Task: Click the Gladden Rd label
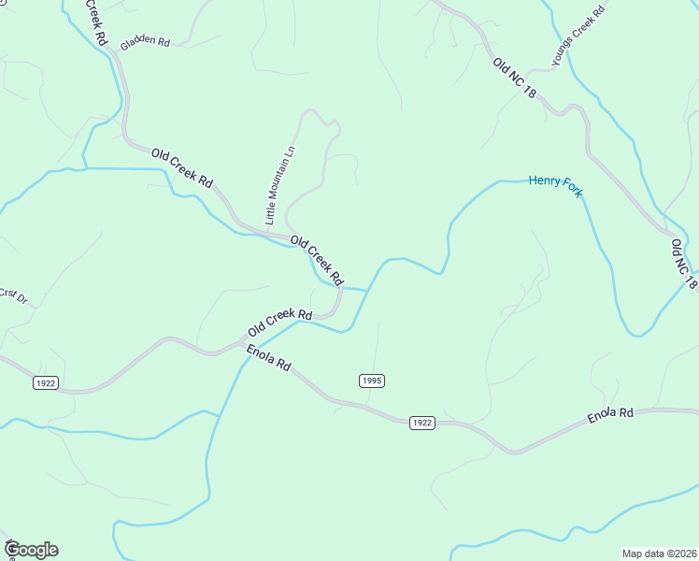pos(145,42)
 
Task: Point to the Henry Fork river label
pos(555,184)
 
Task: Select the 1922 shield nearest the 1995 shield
pos(421,423)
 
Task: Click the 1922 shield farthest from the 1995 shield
pos(44,382)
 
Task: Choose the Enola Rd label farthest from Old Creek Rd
pos(610,413)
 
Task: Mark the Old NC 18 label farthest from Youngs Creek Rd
pos(684,264)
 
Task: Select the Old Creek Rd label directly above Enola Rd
pos(279,324)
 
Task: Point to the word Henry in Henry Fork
pos(543,181)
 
